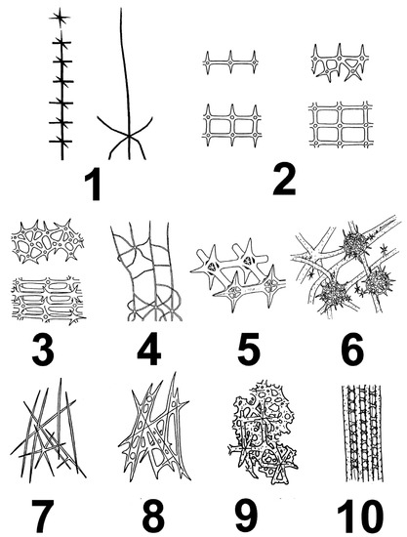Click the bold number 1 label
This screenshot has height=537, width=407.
click(x=93, y=184)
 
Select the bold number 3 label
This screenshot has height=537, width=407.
click(x=46, y=350)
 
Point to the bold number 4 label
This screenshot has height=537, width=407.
click(x=148, y=350)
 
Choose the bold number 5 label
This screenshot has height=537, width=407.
click(x=247, y=350)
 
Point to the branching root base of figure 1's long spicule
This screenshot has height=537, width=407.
click(x=124, y=144)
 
